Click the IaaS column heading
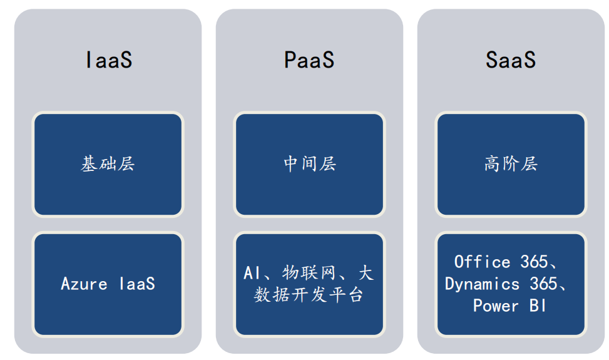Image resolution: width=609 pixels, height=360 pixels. [109, 60]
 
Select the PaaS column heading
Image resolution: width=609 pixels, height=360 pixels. [309, 60]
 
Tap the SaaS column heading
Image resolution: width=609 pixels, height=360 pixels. [511, 60]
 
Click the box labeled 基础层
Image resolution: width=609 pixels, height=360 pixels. [108, 164]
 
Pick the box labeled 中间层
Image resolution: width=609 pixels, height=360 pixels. [309, 164]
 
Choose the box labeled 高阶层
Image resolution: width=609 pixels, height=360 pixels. [511, 164]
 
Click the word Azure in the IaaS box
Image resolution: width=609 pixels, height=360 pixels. [84, 284]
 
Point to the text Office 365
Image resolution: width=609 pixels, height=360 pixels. [501, 262]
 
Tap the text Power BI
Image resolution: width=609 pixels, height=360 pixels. [509, 306]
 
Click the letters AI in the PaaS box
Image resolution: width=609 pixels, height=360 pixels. [251, 273]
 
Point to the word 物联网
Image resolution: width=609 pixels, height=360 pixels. [309, 273]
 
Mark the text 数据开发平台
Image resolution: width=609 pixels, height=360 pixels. [309, 295]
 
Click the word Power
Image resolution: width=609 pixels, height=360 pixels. [496, 306]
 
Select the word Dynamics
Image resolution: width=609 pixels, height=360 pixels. [482, 284]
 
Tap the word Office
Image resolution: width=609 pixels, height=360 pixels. [482, 262]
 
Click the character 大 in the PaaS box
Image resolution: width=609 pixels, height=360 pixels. [366, 273]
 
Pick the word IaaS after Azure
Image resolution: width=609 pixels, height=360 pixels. [137, 284]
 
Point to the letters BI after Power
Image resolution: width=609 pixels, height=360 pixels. [538, 306]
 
